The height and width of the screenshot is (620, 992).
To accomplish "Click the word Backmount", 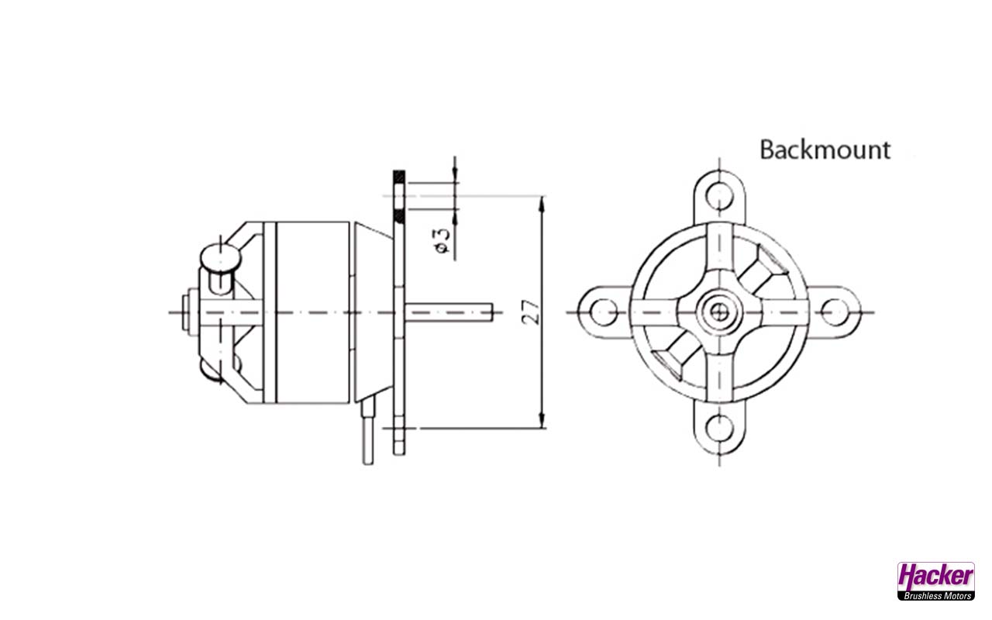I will click(x=825, y=149).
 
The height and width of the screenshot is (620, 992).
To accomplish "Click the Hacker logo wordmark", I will click(x=935, y=577).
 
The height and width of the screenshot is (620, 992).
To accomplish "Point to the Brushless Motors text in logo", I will click(x=935, y=595).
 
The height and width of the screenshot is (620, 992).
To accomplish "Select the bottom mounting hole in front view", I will click(x=720, y=427).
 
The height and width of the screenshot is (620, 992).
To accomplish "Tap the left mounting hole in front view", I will click(x=603, y=312).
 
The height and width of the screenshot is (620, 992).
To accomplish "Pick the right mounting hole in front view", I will click(x=835, y=312).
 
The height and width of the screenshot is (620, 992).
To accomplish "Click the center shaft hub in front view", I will click(x=720, y=312).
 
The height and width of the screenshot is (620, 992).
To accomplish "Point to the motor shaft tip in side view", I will click(x=490, y=312).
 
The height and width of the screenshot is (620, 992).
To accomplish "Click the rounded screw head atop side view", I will click(x=221, y=256).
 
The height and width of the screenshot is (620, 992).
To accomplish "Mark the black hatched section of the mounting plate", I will click(x=398, y=176).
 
